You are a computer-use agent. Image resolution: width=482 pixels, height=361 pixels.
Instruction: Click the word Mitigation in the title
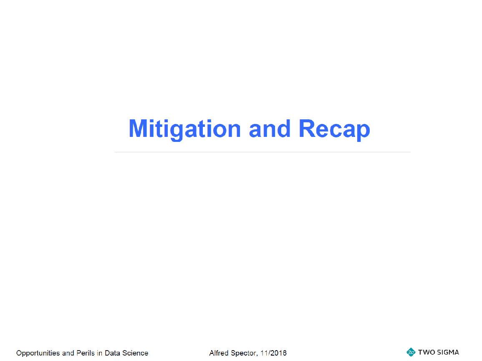pyautogui.click(x=185, y=129)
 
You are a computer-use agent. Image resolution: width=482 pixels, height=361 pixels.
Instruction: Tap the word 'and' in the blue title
pyautogui.click(x=270, y=128)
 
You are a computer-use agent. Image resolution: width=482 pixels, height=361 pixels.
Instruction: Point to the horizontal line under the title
pyautogui.click(x=262, y=152)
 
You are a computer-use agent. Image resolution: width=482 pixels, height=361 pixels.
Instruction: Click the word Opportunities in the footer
pyautogui.click(x=38, y=353)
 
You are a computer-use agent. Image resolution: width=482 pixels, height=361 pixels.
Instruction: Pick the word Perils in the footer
pyautogui.click(x=85, y=353)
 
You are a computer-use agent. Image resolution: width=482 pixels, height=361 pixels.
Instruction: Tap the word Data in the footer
pyautogui.click(x=112, y=353)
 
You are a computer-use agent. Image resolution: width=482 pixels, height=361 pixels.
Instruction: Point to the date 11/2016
pyautogui.click(x=273, y=353)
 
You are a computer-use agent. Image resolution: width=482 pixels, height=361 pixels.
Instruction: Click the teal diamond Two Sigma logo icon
pyautogui.click(x=411, y=352)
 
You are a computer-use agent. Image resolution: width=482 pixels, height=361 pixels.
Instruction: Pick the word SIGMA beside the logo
pyautogui.click(x=447, y=352)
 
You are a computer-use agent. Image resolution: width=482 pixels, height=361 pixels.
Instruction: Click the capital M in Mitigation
pyautogui.click(x=138, y=128)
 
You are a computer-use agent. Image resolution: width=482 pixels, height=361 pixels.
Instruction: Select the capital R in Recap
pyautogui.click(x=308, y=128)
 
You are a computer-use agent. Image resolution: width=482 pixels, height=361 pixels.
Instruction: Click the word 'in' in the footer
pyautogui.click(x=100, y=353)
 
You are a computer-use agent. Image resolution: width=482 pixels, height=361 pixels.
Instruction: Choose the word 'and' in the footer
pyautogui.click(x=68, y=353)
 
